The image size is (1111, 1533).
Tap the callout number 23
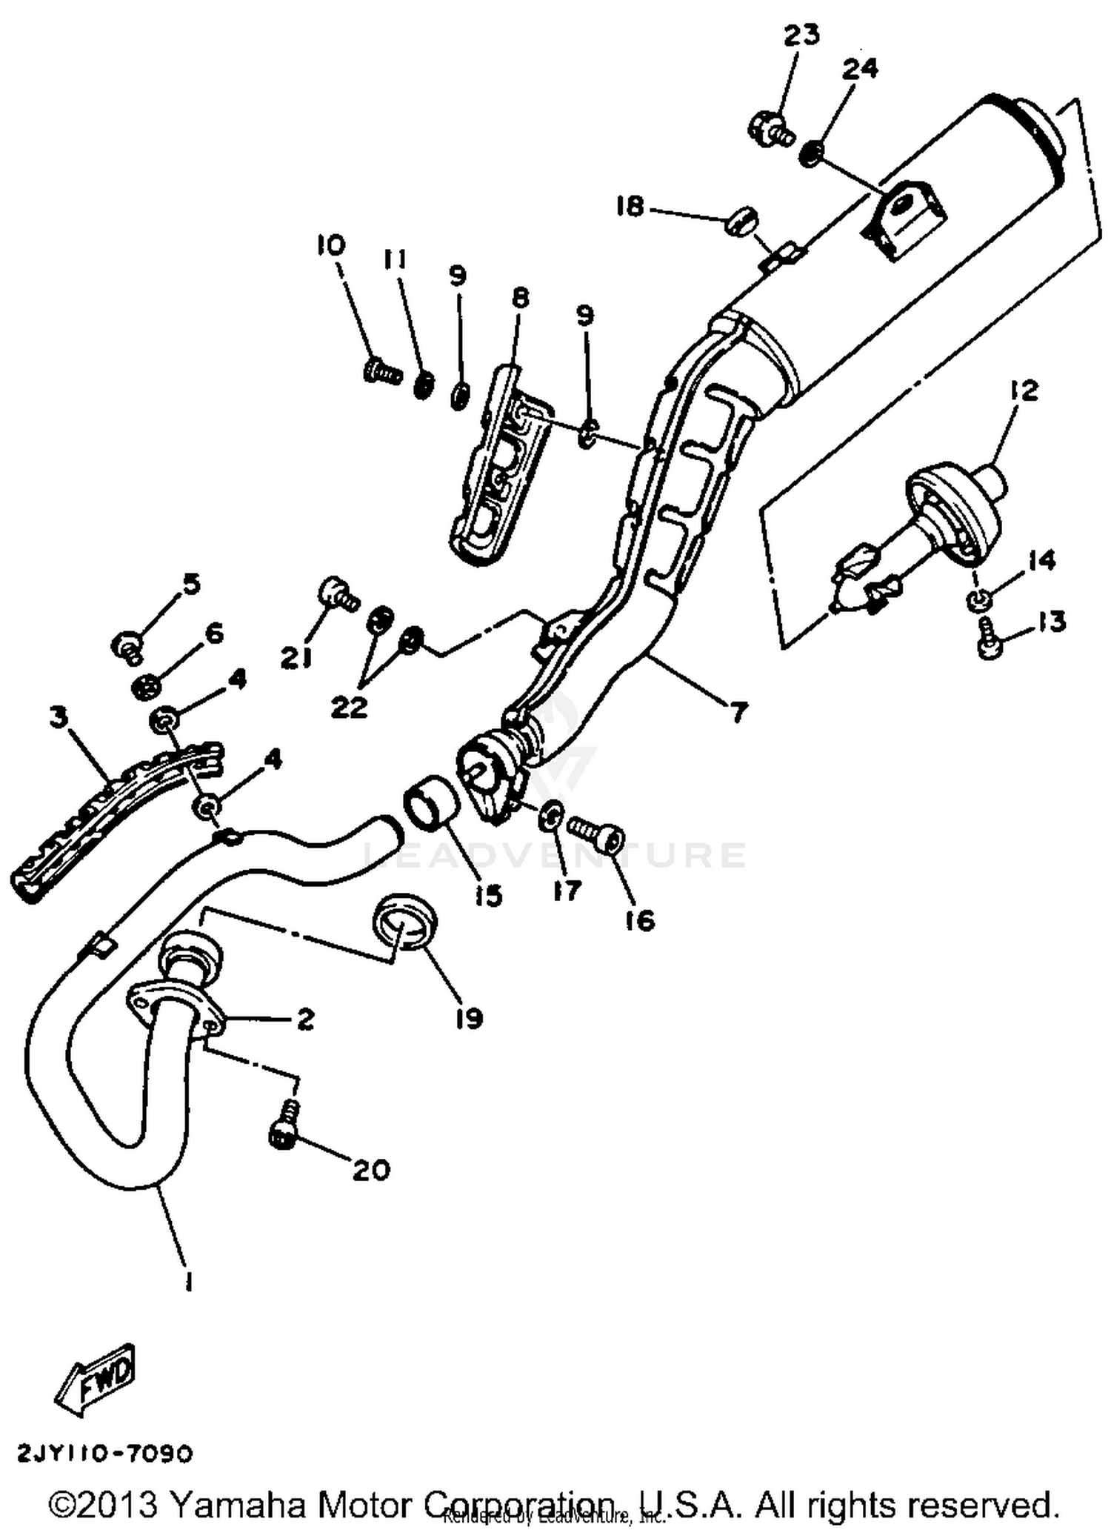pyautogui.click(x=801, y=35)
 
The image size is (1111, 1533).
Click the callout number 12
pyautogui.click(x=1023, y=390)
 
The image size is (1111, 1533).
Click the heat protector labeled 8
pyautogui.click(x=500, y=459)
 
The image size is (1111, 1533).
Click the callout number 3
pyautogui.click(x=59, y=717)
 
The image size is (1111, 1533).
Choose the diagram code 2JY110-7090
pyautogui.click(x=104, y=1453)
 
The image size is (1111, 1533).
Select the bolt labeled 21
pyautogui.click(x=338, y=593)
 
